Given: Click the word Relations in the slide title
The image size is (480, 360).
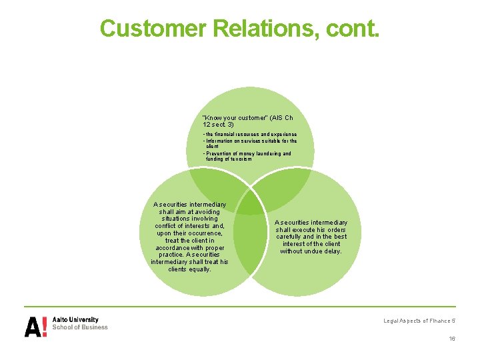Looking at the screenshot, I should pyautogui.click(x=268, y=28).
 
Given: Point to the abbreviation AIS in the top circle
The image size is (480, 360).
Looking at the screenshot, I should pyautogui.click(x=276, y=118).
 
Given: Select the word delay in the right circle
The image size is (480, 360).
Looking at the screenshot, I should pyautogui.click(x=333, y=251).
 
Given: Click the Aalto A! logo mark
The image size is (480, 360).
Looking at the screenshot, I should pyautogui.click(x=36, y=326).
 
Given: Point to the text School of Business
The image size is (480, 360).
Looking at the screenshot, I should pyautogui.click(x=80, y=327).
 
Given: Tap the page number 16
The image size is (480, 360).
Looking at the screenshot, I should pyautogui.click(x=452, y=339).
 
